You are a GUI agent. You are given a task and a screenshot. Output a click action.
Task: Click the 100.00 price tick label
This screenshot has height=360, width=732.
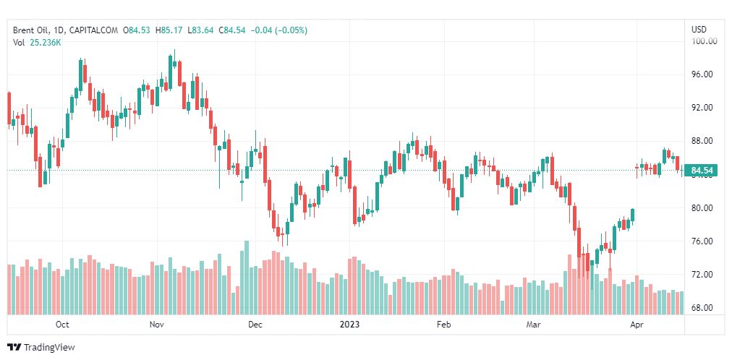703,41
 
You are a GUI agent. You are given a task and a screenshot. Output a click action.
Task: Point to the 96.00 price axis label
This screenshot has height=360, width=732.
703,74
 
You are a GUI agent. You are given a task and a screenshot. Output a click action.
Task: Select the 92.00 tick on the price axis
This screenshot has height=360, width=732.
703,108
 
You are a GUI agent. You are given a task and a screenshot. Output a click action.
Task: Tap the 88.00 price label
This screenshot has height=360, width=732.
703,141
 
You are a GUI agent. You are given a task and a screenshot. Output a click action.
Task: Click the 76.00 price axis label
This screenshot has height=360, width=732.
703,241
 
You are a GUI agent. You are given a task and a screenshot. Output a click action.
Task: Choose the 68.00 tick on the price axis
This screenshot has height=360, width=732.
703,308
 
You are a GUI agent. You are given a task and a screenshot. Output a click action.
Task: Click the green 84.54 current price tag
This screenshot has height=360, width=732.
703,171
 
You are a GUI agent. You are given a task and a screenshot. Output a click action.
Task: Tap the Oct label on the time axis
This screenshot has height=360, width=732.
62,325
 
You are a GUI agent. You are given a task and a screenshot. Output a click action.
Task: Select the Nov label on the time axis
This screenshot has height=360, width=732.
157,325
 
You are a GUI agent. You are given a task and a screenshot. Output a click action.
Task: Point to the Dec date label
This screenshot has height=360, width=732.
255,325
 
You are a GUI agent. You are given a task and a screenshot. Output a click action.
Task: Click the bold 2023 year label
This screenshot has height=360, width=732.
350,325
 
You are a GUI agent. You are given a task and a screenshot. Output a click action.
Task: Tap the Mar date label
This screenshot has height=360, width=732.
534,325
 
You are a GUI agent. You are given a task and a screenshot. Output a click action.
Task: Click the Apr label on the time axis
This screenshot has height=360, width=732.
637,325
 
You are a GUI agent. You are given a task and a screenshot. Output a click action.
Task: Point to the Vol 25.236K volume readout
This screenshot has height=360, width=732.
37,43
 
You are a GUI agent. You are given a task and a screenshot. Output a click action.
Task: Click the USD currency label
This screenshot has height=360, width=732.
699,30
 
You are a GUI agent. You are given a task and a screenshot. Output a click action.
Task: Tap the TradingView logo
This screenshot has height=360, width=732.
41,348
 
